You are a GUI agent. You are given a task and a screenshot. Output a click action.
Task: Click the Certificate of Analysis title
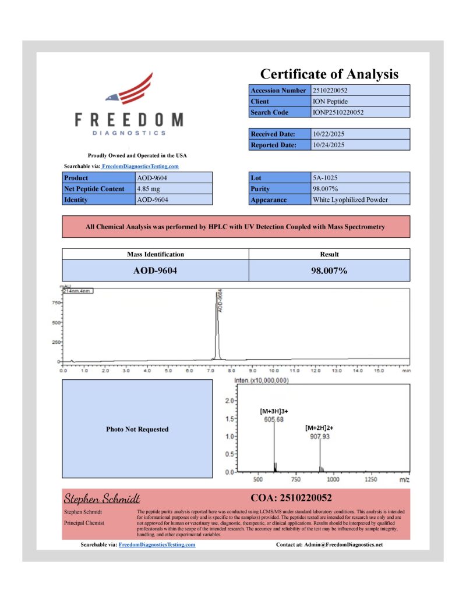(329, 74)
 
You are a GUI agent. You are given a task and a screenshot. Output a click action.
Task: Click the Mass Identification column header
(156, 254)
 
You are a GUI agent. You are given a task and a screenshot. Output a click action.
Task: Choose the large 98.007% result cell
(329, 270)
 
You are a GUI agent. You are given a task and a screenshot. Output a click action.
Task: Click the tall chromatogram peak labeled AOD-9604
(217, 326)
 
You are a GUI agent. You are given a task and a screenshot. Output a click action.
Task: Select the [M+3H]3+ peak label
(274, 411)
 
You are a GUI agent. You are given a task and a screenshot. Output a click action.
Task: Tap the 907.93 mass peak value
(319, 436)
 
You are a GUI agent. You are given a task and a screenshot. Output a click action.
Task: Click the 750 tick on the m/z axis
(295, 480)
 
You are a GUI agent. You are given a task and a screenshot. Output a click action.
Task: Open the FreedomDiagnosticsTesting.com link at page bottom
(157, 545)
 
